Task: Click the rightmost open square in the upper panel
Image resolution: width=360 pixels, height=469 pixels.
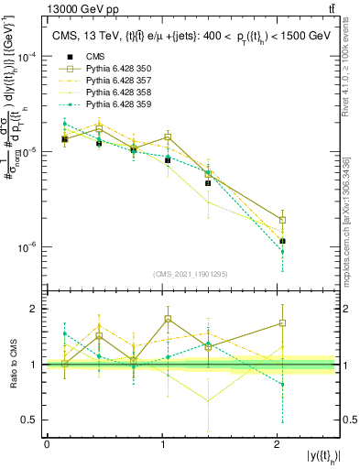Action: (282, 220)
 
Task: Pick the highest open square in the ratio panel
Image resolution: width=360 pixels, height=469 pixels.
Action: (168, 319)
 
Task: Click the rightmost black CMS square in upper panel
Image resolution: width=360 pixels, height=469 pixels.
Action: (282, 241)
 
